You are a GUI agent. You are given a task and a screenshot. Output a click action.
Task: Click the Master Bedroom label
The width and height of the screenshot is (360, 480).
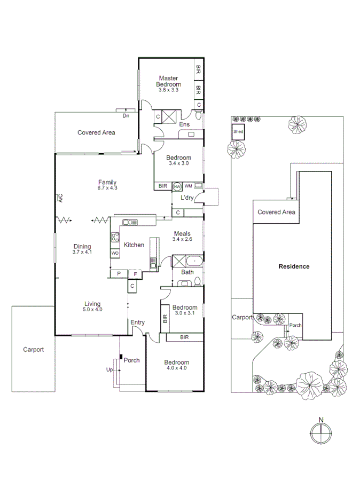[x=168, y=81]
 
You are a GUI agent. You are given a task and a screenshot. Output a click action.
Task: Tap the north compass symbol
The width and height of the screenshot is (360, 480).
[x=320, y=433]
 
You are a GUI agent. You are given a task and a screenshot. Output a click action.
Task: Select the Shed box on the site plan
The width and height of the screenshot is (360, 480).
[x=238, y=132]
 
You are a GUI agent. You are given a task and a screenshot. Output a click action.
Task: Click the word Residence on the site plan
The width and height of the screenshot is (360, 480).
[x=294, y=266]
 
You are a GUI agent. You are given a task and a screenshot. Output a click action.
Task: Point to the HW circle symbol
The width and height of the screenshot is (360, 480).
[x=177, y=186]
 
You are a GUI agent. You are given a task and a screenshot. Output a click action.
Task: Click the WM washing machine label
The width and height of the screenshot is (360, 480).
[x=188, y=186]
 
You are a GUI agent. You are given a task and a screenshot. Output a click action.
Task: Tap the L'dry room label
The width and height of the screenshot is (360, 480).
[x=186, y=198]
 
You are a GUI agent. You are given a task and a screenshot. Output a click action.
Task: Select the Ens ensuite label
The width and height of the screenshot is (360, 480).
[x=184, y=124]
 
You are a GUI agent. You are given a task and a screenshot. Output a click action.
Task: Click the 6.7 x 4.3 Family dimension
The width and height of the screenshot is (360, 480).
[x=107, y=188]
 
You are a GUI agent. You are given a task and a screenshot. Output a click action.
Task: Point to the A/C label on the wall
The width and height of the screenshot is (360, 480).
[x=60, y=198]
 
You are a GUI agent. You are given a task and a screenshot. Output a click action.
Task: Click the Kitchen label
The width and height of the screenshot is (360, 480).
[x=134, y=245]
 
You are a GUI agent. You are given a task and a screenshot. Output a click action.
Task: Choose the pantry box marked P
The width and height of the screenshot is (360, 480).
[x=118, y=274]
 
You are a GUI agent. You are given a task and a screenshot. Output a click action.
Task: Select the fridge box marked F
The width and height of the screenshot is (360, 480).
[x=135, y=274]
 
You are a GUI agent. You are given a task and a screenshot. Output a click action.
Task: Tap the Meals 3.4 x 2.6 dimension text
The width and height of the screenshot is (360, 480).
[x=182, y=239]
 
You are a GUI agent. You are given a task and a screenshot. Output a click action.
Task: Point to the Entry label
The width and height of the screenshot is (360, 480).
[x=137, y=322]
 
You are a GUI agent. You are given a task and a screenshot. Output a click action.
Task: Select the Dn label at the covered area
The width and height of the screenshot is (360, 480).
[x=126, y=115]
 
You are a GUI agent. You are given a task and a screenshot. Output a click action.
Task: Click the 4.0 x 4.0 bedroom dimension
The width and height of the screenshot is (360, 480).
[x=177, y=369]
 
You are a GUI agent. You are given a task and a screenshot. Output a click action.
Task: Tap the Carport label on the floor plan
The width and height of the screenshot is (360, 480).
[x=33, y=350]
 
